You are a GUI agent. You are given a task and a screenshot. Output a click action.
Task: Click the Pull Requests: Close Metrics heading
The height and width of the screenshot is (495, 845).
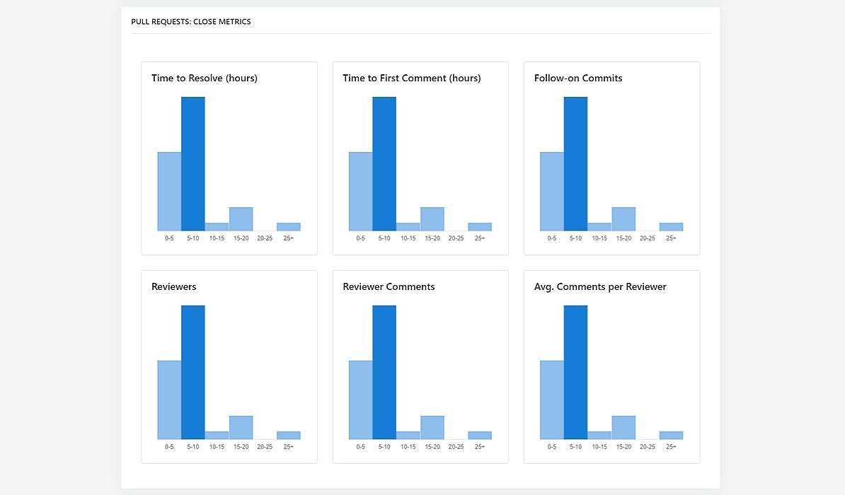click(191, 22)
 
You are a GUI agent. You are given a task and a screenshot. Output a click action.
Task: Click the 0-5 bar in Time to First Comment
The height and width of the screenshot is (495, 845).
click(360, 192)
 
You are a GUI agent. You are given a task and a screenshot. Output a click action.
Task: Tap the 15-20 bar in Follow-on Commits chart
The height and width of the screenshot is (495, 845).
click(623, 219)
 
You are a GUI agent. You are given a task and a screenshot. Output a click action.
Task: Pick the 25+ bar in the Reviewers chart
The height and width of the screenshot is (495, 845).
click(288, 436)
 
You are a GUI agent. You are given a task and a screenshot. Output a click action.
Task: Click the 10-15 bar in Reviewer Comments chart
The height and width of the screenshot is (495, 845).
click(408, 436)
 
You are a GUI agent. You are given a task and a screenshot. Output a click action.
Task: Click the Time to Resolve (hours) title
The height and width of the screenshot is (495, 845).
click(205, 78)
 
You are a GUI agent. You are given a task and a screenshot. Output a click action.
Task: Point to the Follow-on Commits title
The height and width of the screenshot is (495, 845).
click(578, 78)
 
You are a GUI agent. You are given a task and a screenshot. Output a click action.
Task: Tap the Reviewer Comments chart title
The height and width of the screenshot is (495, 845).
click(389, 287)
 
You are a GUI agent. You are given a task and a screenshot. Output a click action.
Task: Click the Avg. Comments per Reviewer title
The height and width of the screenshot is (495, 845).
click(600, 287)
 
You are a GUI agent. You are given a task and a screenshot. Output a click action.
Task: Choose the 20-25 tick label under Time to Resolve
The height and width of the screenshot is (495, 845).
click(265, 238)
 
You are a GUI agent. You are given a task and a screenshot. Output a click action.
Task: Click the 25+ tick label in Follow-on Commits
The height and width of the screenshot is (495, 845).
click(671, 238)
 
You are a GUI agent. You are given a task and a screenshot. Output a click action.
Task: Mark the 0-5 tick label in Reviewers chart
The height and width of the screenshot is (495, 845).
click(169, 447)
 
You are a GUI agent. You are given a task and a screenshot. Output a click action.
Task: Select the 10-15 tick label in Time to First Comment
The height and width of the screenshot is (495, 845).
click(408, 238)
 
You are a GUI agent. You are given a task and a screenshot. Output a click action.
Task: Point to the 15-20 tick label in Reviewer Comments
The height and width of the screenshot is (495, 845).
click(432, 447)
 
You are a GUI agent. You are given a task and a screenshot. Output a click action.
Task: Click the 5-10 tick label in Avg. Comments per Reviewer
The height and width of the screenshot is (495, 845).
click(575, 447)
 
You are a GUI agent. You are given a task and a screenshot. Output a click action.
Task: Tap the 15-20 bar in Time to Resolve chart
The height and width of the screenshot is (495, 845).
click(241, 219)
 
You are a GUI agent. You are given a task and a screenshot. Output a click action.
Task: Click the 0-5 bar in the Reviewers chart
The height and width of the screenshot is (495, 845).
click(169, 400)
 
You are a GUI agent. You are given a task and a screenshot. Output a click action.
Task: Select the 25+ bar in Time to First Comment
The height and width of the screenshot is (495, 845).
click(480, 227)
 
